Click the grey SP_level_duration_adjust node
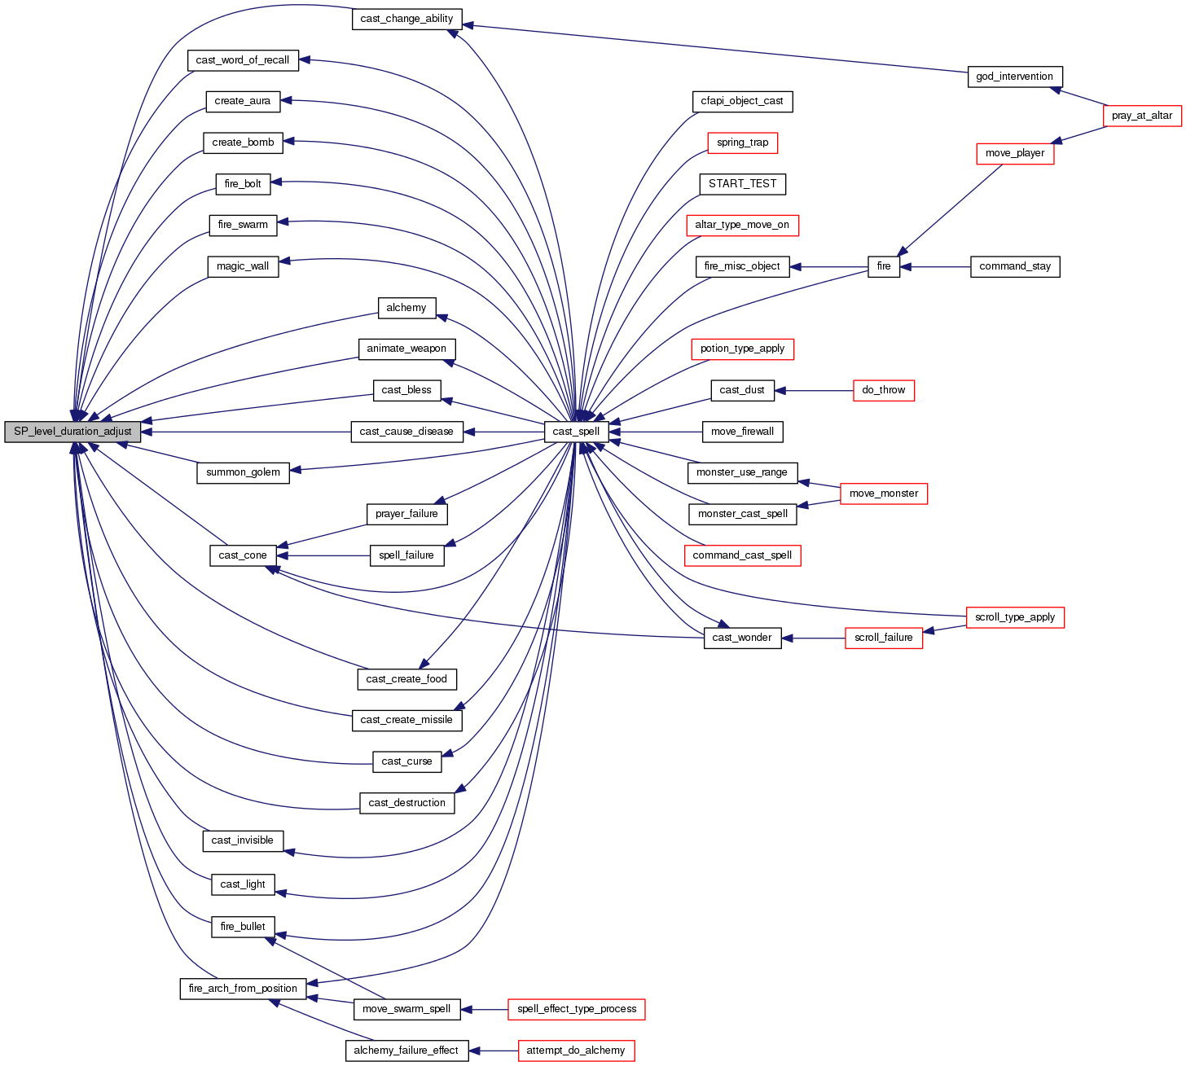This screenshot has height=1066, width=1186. (72, 432)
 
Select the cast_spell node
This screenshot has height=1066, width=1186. (576, 432)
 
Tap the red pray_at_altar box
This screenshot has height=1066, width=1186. (1142, 116)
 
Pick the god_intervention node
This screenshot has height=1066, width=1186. (1014, 77)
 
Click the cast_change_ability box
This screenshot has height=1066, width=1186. (406, 19)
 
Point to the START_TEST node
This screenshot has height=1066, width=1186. (742, 184)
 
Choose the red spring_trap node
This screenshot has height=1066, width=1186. (742, 143)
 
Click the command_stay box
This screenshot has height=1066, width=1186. (1015, 266)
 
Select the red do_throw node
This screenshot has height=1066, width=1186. (883, 390)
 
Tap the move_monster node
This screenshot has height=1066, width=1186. (883, 494)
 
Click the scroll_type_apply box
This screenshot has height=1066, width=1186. (1014, 617)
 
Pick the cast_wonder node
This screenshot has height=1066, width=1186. (742, 638)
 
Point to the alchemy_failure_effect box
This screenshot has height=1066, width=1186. (406, 1051)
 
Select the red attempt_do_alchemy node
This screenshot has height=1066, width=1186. (575, 1051)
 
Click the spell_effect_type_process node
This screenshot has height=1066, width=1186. (576, 1009)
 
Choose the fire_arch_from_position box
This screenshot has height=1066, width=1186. (243, 989)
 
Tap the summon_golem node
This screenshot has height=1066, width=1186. (243, 472)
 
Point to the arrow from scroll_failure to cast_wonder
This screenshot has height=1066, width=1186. (814, 638)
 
